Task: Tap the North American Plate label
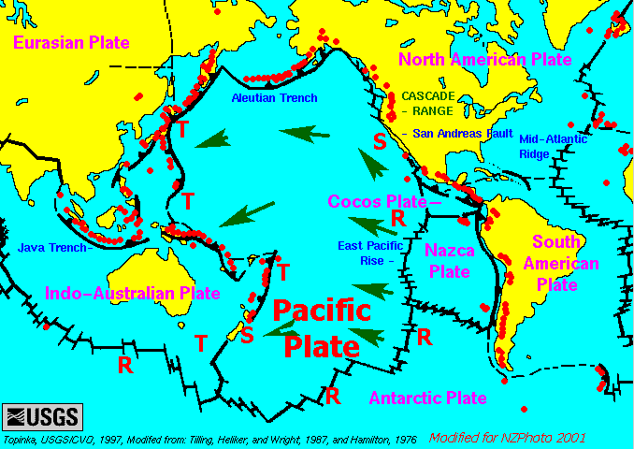(484, 60)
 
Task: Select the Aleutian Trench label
(275, 98)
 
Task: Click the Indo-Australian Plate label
(119, 293)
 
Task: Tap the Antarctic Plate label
(427, 398)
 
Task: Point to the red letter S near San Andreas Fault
(379, 142)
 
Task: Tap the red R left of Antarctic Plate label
(332, 395)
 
